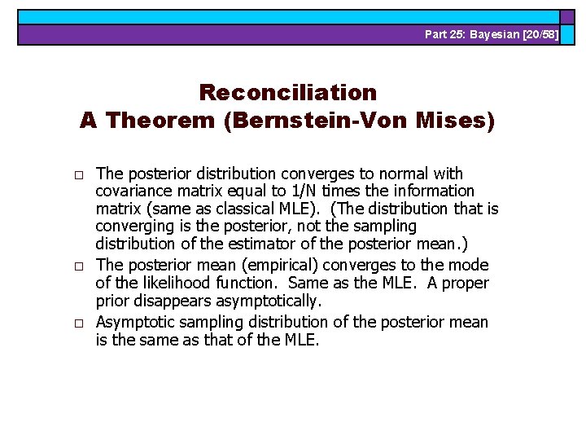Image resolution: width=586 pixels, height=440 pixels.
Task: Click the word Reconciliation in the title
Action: click(287, 92)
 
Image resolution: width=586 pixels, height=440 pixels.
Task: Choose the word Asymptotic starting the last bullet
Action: click(133, 322)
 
